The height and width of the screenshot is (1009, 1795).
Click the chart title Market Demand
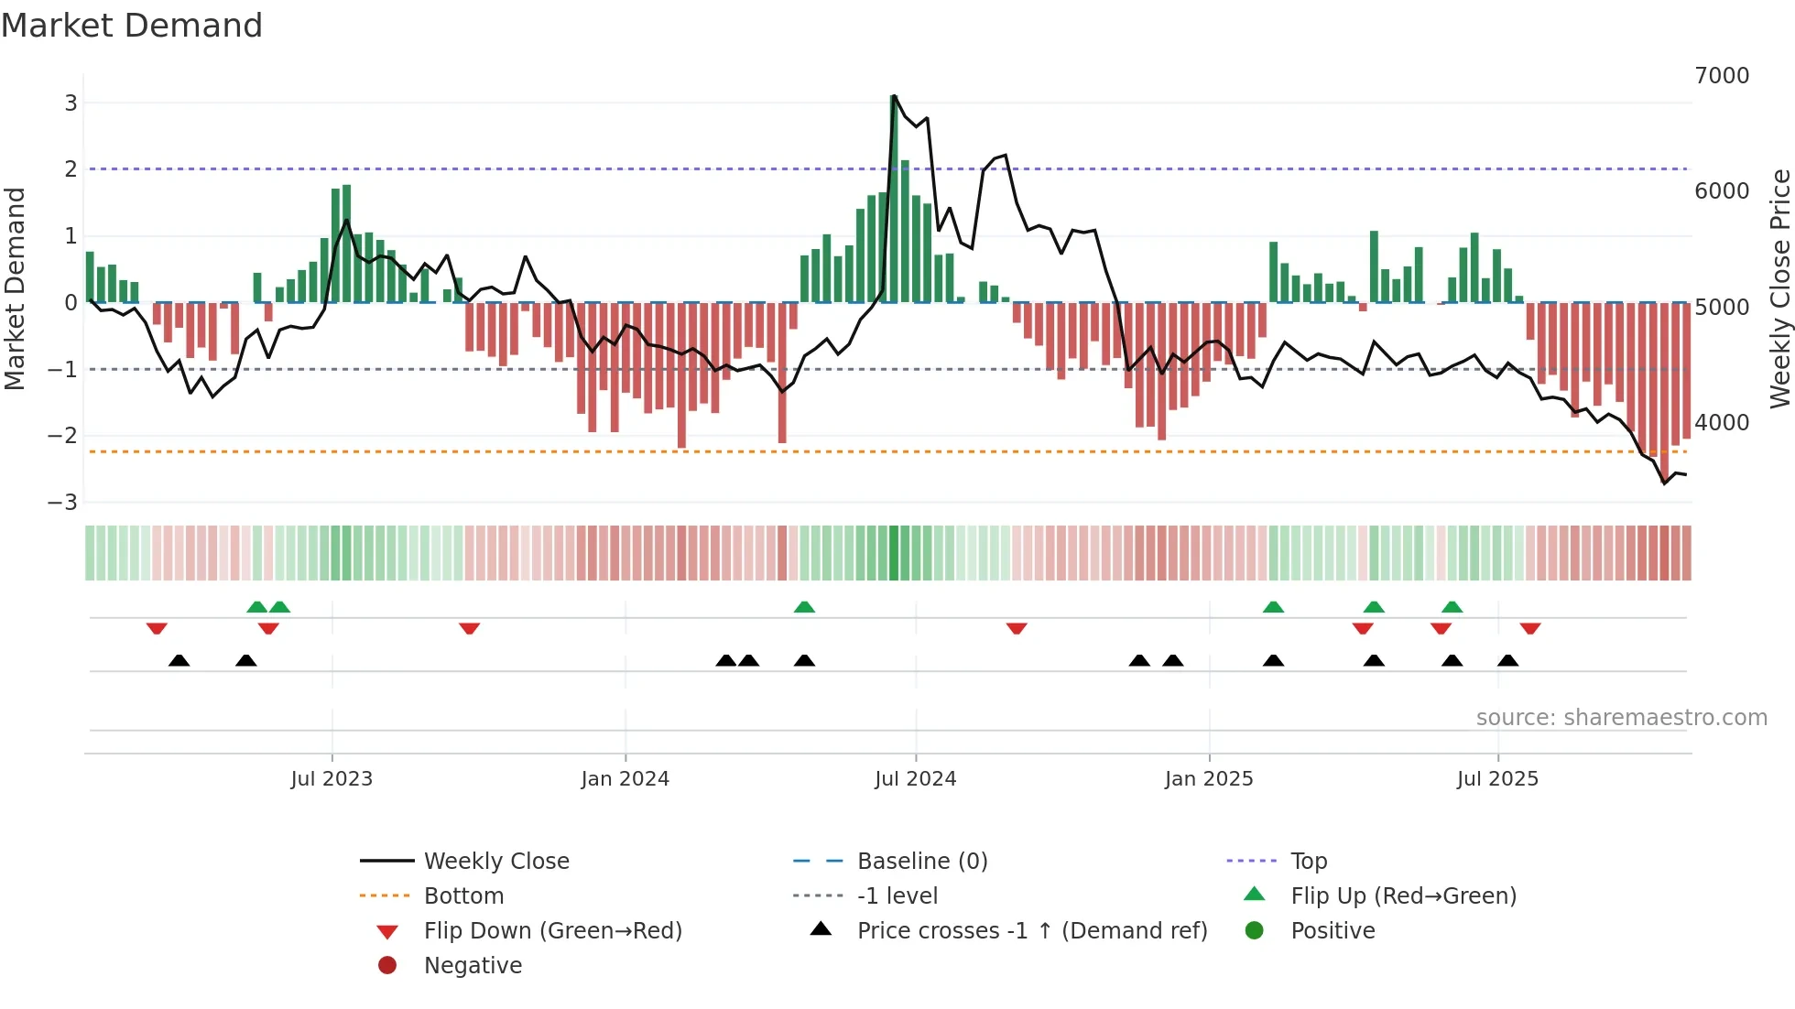click(x=132, y=26)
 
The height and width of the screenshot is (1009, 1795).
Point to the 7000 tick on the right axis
click(x=1721, y=76)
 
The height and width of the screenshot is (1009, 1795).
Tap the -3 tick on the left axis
click(x=63, y=503)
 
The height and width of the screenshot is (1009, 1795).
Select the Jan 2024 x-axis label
click(x=625, y=779)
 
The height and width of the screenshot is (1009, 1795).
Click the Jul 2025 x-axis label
click(x=1497, y=779)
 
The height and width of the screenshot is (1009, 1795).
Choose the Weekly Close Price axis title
click(x=1779, y=288)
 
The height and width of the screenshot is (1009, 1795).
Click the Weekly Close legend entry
click(x=495, y=862)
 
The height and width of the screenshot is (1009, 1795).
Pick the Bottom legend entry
click(x=463, y=896)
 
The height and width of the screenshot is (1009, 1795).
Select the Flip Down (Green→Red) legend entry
click(x=552, y=931)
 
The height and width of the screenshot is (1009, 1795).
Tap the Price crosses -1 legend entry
click(x=1031, y=931)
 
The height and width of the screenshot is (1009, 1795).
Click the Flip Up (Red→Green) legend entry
click(x=1403, y=896)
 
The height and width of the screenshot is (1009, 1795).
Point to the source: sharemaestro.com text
click(x=1621, y=718)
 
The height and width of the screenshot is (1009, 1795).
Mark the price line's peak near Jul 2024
click(x=895, y=96)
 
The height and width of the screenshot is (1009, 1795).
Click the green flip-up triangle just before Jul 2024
click(x=804, y=607)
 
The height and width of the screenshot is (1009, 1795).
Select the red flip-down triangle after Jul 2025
click(x=1529, y=628)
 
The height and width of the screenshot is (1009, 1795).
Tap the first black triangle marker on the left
click(x=179, y=660)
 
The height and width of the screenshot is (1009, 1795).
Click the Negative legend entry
click(x=473, y=966)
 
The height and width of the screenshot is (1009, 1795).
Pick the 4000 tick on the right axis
click(x=1721, y=423)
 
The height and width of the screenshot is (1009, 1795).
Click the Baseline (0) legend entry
click(x=921, y=862)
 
